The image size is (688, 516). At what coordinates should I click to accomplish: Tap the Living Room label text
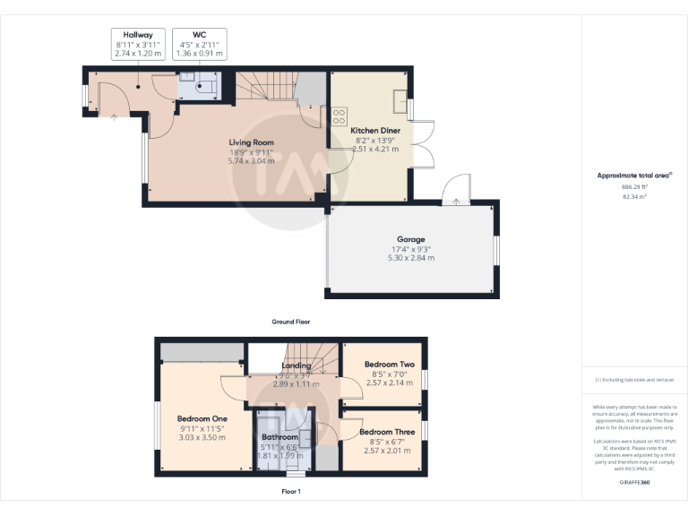[251, 142]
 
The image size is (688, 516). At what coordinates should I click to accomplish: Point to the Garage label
[410, 239]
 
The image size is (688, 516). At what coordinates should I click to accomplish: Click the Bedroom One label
[202, 418]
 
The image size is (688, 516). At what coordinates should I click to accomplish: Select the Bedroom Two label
[389, 365]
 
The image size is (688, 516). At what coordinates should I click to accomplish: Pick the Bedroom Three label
[387, 432]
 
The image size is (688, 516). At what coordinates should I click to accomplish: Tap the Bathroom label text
[279, 437]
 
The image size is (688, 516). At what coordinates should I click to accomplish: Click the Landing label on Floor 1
[297, 365]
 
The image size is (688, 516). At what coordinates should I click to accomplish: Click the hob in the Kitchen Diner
[340, 116]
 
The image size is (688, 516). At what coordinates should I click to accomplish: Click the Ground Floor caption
[290, 321]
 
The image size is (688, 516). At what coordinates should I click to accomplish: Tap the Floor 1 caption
[291, 492]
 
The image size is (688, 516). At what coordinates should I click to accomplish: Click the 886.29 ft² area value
[634, 186]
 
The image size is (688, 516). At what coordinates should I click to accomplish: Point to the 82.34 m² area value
[634, 195]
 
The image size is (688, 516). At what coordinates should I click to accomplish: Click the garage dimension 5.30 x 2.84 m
[410, 257]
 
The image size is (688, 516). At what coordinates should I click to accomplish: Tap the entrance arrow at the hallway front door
[114, 116]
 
